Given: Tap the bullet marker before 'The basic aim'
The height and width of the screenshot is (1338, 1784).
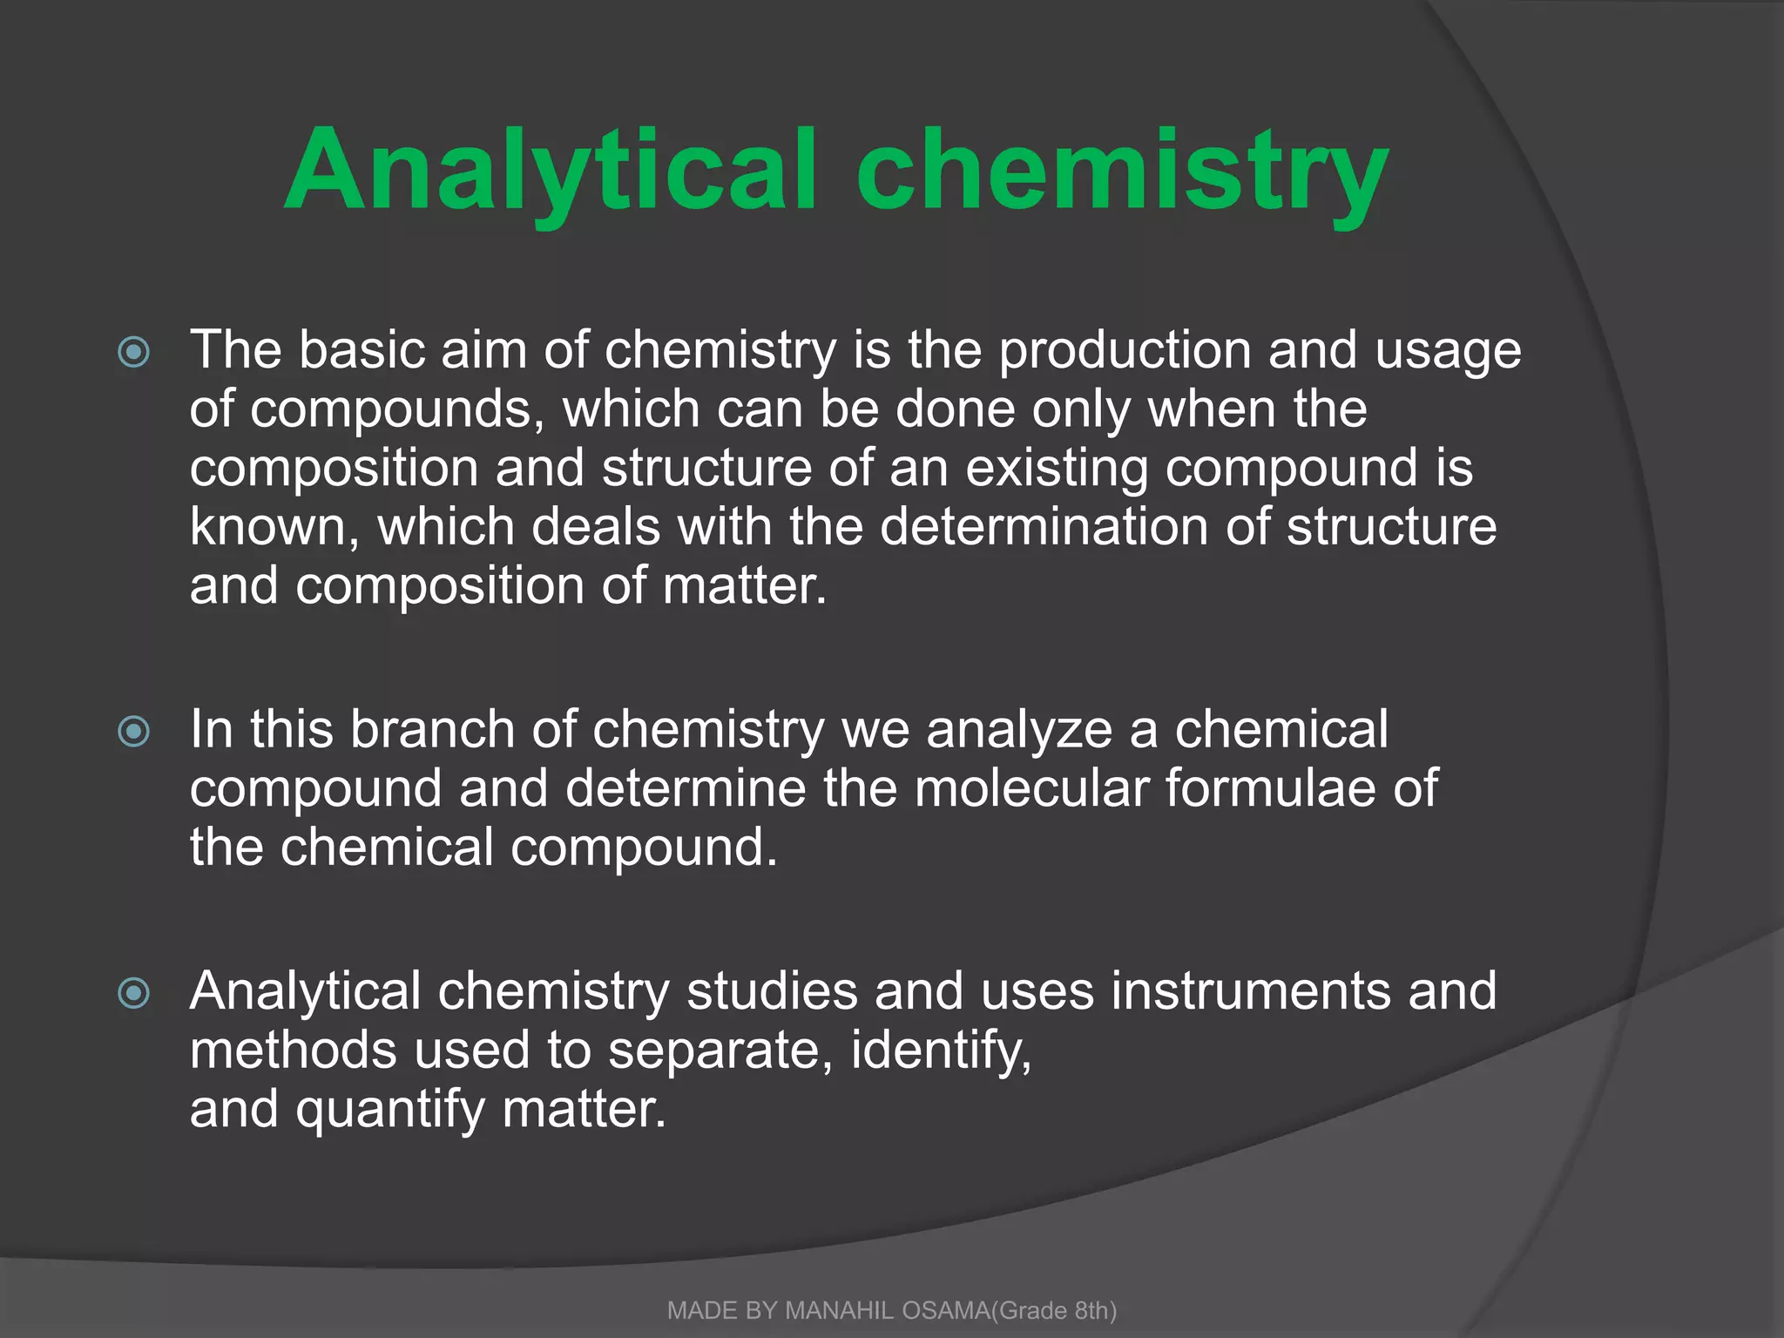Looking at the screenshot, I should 133,352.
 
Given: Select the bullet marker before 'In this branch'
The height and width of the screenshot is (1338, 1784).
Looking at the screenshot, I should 133,731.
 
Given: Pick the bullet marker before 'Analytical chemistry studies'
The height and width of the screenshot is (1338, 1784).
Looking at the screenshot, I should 133,993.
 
